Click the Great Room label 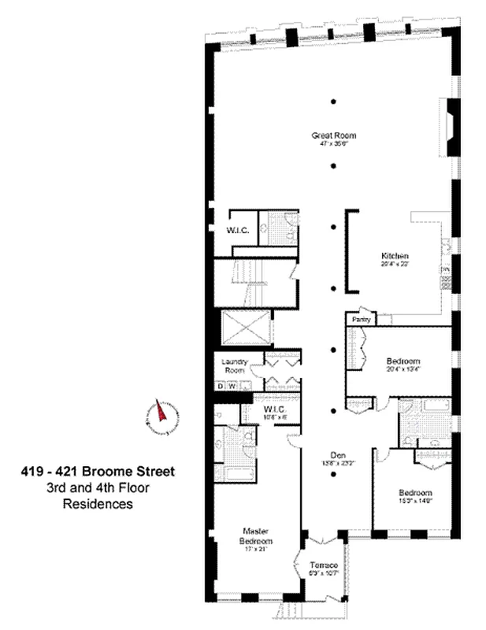coord(329,135)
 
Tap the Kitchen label coord(393,257)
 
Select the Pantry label coord(362,321)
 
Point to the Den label coord(339,454)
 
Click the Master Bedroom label coord(256,536)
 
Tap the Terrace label coord(324,566)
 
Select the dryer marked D coord(221,386)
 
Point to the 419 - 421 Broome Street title coord(98,472)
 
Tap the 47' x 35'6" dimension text coord(329,144)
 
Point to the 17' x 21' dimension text coord(256,550)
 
